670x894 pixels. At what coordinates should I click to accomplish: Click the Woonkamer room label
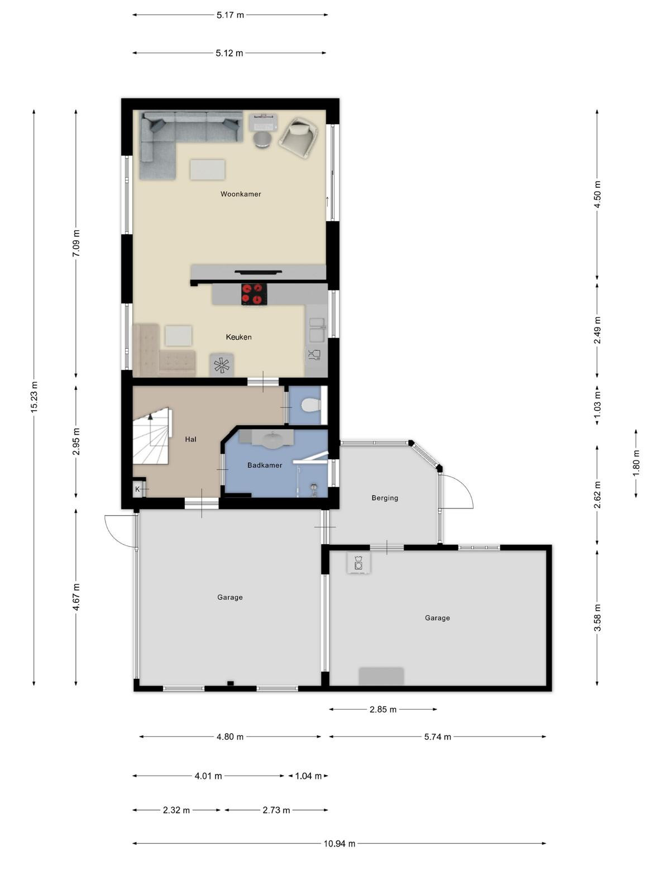coord(241,194)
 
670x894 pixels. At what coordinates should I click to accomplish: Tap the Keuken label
coord(238,337)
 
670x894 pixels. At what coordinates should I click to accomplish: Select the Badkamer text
coord(265,465)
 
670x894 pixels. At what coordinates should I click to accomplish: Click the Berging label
coord(385,498)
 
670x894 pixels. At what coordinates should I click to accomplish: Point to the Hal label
coord(190,439)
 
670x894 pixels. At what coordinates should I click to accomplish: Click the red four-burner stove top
coord(255,294)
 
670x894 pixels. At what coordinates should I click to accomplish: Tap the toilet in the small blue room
coord(312,405)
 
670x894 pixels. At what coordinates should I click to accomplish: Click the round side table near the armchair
coord(263,140)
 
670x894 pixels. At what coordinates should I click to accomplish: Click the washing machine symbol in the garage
coord(358,563)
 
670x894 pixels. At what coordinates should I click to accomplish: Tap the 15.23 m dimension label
coord(33,397)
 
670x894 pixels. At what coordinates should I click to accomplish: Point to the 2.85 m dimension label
coord(383,710)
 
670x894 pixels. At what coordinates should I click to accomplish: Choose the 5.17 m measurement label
coord(230,15)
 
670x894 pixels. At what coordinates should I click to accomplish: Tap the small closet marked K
coord(138,488)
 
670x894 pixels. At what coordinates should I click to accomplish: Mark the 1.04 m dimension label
coord(308,776)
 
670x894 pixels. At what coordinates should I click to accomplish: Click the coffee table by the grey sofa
coord(208,170)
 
